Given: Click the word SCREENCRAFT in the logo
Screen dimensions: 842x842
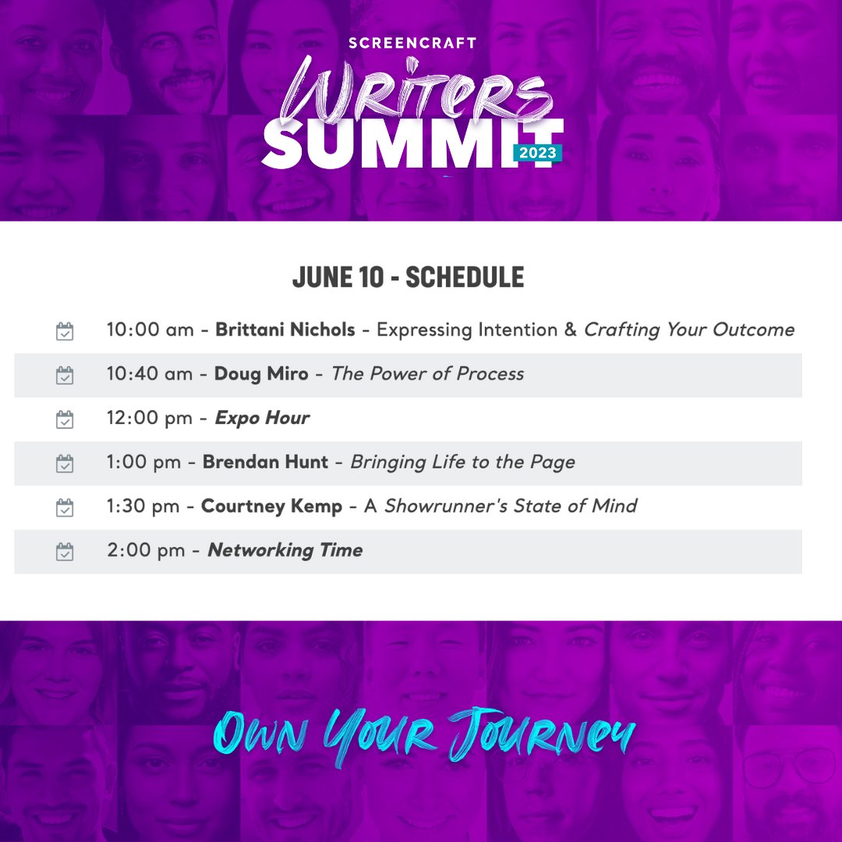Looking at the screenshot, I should (x=412, y=43).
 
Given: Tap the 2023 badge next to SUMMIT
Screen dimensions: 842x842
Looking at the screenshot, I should (x=537, y=153).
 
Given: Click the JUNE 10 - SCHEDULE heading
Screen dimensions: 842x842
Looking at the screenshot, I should (x=408, y=278).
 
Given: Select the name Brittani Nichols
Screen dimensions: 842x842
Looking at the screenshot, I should (x=285, y=330).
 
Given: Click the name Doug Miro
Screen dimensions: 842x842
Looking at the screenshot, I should (x=262, y=374).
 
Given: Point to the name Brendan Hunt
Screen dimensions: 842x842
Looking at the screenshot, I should (x=265, y=462).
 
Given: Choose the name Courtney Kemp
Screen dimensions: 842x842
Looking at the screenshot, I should (x=271, y=507).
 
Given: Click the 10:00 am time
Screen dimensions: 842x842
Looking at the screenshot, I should (x=150, y=330).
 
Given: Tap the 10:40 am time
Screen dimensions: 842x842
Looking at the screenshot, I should (x=150, y=374).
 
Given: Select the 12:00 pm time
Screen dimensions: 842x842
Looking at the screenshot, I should (x=149, y=419).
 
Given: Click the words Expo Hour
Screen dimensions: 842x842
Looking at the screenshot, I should (x=262, y=419).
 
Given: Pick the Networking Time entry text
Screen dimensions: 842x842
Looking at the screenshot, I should (x=285, y=550).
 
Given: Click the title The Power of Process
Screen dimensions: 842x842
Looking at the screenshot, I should (x=427, y=374).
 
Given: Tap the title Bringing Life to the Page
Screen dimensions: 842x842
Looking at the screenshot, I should (x=462, y=462).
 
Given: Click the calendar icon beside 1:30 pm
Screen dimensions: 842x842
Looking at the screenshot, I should (x=65, y=508).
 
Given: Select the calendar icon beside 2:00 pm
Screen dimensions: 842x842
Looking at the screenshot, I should (x=65, y=551).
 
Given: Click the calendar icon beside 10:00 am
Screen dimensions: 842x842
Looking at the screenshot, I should (x=65, y=331).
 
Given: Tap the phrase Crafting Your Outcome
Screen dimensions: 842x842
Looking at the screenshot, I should (x=688, y=330).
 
